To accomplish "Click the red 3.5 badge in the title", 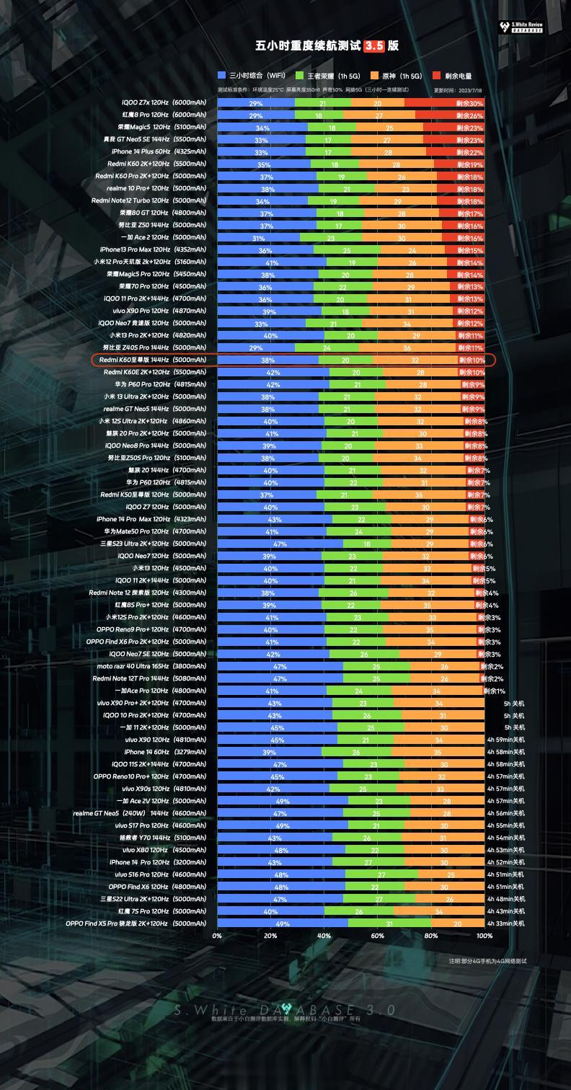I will pyautogui.click(x=373, y=46).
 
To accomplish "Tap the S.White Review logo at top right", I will pyautogui.click(x=521, y=27).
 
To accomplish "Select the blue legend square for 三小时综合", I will pyautogui.click(x=222, y=76).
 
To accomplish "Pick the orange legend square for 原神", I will pyautogui.click(x=374, y=76).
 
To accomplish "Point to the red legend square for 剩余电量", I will pyautogui.click(x=437, y=76).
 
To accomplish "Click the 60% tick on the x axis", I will pyautogui.click(x=377, y=936).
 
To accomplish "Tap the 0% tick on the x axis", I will pyautogui.click(x=217, y=936).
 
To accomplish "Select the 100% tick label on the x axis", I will pyautogui.click(x=484, y=936).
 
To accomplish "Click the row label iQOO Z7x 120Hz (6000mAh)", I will pyautogui.click(x=164, y=103).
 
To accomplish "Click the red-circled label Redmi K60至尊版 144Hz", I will pyautogui.click(x=153, y=360).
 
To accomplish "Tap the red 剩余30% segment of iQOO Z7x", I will pyautogui.click(x=444, y=103).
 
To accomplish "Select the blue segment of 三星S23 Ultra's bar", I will pyautogui.click(x=280, y=544).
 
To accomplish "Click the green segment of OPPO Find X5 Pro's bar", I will pyautogui.click(x=389, y=923).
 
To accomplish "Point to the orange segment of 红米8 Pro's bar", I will pyautogui.click(x=379, y=115).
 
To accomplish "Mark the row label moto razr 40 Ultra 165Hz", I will pyautogui.click(x=151, y=666).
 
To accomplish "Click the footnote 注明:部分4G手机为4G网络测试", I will pyautogui.click(x=487, y=961).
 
